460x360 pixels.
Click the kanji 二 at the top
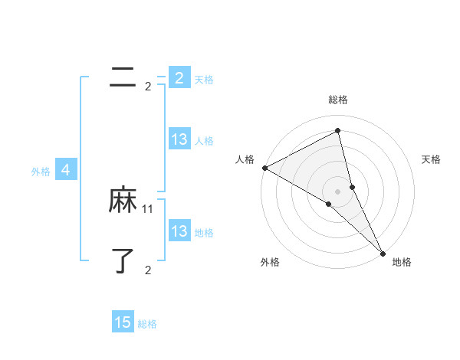pos(123,77)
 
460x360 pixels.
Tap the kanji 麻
pos(123,201)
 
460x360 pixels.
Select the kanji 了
pos(123,261)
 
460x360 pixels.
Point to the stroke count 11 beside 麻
pos(148,208)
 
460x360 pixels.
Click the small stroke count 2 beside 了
pos(148,270)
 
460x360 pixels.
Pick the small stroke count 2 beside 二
pos(148,87)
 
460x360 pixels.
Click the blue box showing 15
pos(123,322)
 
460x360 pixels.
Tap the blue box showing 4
pos(66,170)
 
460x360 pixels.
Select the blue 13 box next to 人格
pos(179,139)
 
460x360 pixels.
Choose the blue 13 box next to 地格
pos(179,231)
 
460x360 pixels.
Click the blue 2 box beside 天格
pos(179,77)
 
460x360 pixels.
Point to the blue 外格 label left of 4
pos(41,172)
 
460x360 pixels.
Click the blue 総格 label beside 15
pos(147,324)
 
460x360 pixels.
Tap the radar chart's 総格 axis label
pos(337,100)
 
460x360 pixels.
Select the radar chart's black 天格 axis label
pos(431,159)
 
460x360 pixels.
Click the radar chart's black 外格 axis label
pos(270,263)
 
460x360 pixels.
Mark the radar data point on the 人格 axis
pos(264,168)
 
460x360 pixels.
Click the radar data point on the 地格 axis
pos(383,253)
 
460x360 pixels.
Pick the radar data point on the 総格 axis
pos(337,130)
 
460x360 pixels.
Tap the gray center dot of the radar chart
pos(337,191)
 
